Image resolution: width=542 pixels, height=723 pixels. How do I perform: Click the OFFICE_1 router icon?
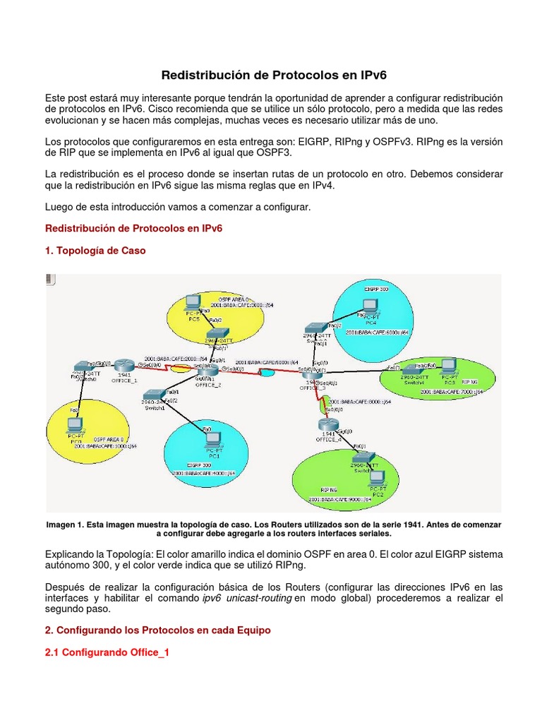click(x=124, y=365)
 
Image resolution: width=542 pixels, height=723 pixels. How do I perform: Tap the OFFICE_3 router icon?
click(x=311, y=373)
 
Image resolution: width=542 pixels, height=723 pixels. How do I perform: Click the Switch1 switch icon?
click(x=153, y=396)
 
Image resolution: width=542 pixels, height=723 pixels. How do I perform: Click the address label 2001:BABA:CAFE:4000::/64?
click(x=204, y=472)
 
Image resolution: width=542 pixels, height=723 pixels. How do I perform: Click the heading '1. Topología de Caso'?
click(x=95, y=251)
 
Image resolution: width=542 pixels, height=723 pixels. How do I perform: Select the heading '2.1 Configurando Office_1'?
click(x=107, y=653)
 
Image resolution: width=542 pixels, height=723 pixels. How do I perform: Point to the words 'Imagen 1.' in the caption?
click(x=64, y=525)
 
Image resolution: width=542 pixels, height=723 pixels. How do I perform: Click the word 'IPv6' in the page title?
click(x=370, y=74)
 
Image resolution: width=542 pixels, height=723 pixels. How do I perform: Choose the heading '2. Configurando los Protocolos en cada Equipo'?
click(x=158, y=630)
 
